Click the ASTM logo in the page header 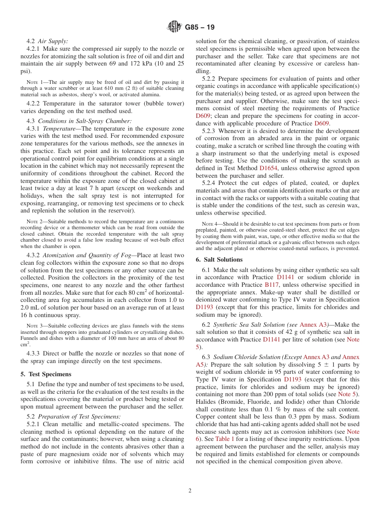coord(174,27)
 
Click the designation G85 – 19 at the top coord(200,28)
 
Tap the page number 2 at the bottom coord(190,491)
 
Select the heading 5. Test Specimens coord(46,374)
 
